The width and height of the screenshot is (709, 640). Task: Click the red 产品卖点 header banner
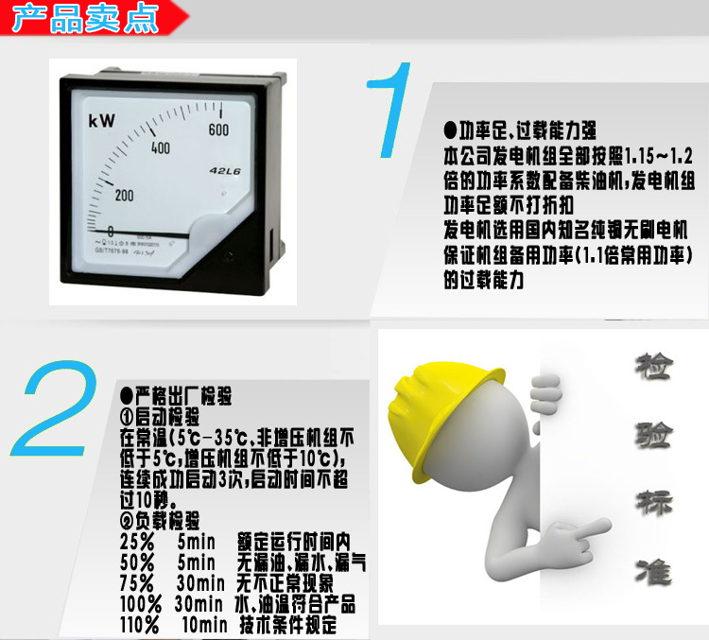click(90, 19)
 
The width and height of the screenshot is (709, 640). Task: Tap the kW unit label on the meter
click(101, 121)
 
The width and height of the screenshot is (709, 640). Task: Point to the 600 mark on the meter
click(219, 130)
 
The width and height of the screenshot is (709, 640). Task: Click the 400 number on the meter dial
click(160, 147)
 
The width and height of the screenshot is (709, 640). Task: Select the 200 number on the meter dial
click(124, 195)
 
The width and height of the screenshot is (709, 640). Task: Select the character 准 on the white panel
click(651, 570)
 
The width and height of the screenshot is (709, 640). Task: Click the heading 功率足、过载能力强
click(521, 130)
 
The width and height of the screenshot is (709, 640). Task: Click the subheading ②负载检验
click(160, 521)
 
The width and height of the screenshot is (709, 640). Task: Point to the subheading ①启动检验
click(160, 416)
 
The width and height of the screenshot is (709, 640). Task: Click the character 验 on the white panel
click(653, 434)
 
